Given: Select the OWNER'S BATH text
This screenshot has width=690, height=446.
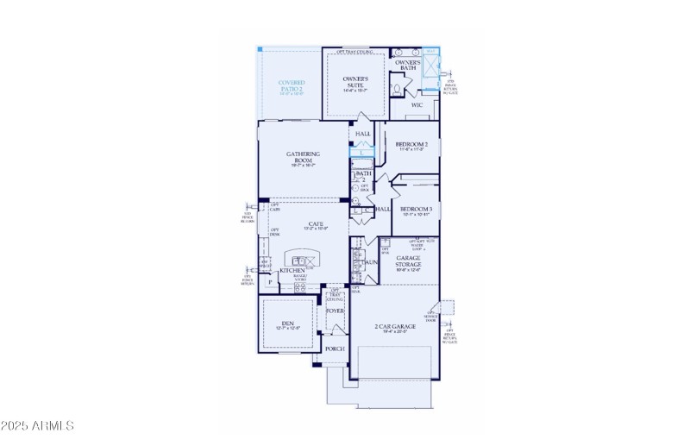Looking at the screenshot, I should click(407, 65).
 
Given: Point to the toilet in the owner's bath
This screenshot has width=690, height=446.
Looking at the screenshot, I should click(396, 87).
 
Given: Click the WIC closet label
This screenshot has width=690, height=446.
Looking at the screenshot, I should click(417, 104).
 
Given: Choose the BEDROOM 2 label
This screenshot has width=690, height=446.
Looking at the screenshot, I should click(411, 144).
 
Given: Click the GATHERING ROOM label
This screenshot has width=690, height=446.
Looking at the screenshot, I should click(303, 157).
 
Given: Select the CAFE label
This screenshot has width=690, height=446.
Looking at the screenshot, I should click(316, 223).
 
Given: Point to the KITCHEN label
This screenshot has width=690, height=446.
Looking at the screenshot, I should click(292, 270).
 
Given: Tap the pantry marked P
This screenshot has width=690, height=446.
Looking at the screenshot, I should click(270, 281).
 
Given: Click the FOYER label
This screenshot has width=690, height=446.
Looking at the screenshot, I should click(335, 311).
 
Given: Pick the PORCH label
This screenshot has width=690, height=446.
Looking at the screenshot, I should click(335, 349).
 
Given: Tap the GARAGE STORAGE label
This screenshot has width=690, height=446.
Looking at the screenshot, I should click(408, 261).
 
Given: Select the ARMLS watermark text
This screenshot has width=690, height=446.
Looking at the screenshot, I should click(37, 426).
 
